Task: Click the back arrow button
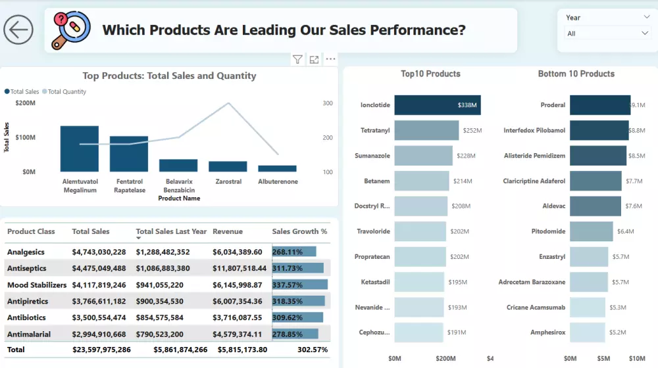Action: (18, 30)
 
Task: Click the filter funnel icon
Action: (297, 60)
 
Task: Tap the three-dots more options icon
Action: (330, 60)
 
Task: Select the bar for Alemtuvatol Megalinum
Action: (80, 149)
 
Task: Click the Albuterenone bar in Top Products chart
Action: (277, 169)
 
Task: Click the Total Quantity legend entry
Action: (66, 92)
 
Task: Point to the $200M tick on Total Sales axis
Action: (25, 103)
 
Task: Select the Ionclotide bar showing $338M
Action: (438, 105)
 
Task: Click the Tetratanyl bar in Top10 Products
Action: (426, 130)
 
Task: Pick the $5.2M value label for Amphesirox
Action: (618, 333)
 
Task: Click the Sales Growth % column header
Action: (299, 231)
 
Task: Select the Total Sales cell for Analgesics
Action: (99, 252)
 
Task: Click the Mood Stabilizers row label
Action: (37, 285)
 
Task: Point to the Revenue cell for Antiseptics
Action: (240, 268)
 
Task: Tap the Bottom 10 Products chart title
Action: (576, 74)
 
